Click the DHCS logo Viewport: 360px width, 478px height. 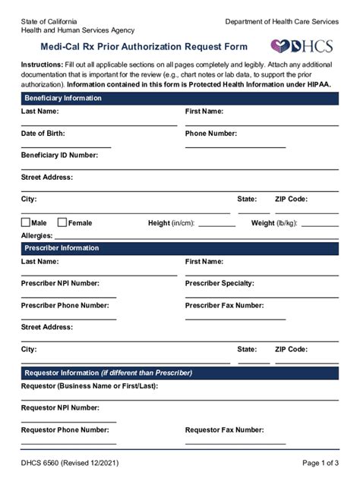point(302,46)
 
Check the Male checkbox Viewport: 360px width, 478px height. point(26,223)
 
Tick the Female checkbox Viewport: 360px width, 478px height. point(62,223)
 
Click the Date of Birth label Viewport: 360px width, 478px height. point(43,134)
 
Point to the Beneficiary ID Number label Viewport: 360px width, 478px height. point(59,155)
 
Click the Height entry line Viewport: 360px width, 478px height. point(216,225)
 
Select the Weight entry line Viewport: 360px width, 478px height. point(320,225)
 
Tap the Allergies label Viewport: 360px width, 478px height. point(36,236)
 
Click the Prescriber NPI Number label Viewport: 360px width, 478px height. point(60,283)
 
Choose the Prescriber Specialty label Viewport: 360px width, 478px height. point(219,283)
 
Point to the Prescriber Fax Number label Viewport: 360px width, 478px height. point(225,305)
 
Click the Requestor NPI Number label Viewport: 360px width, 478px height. point(60,407)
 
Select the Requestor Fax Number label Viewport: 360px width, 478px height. point(224,429)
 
